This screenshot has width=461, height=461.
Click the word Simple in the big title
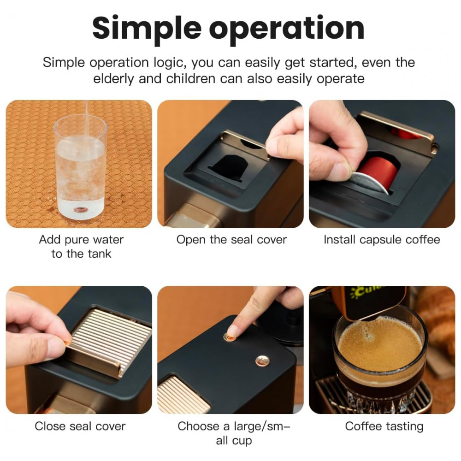[147, 29]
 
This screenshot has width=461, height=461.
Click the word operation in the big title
[287, 29]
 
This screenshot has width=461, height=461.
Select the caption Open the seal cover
[231, 240]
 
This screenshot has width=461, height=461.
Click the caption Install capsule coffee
[382, 240]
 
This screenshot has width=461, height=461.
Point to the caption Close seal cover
[80, 426]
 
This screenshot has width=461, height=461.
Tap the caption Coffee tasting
[384, 426]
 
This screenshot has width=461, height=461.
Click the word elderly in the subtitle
[113, 79]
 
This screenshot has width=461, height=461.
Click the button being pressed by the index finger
[229, 337]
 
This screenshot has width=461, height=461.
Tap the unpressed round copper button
[262, 361]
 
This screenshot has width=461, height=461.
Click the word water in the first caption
[108, 240]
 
